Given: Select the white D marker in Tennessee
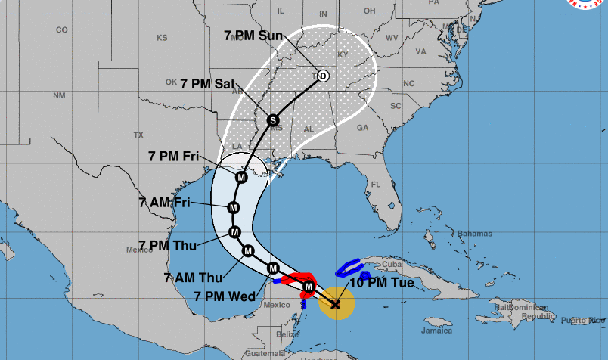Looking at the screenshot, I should tap(323, 76).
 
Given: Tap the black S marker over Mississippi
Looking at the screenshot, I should tap(273, 119).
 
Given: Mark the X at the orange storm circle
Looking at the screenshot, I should tap(336, 304).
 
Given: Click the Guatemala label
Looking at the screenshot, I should tap(265, 353).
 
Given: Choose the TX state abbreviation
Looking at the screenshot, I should tap(138, 135).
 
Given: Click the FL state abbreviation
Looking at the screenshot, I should tap(375, 184).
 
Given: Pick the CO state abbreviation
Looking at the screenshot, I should tap(61, 29).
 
